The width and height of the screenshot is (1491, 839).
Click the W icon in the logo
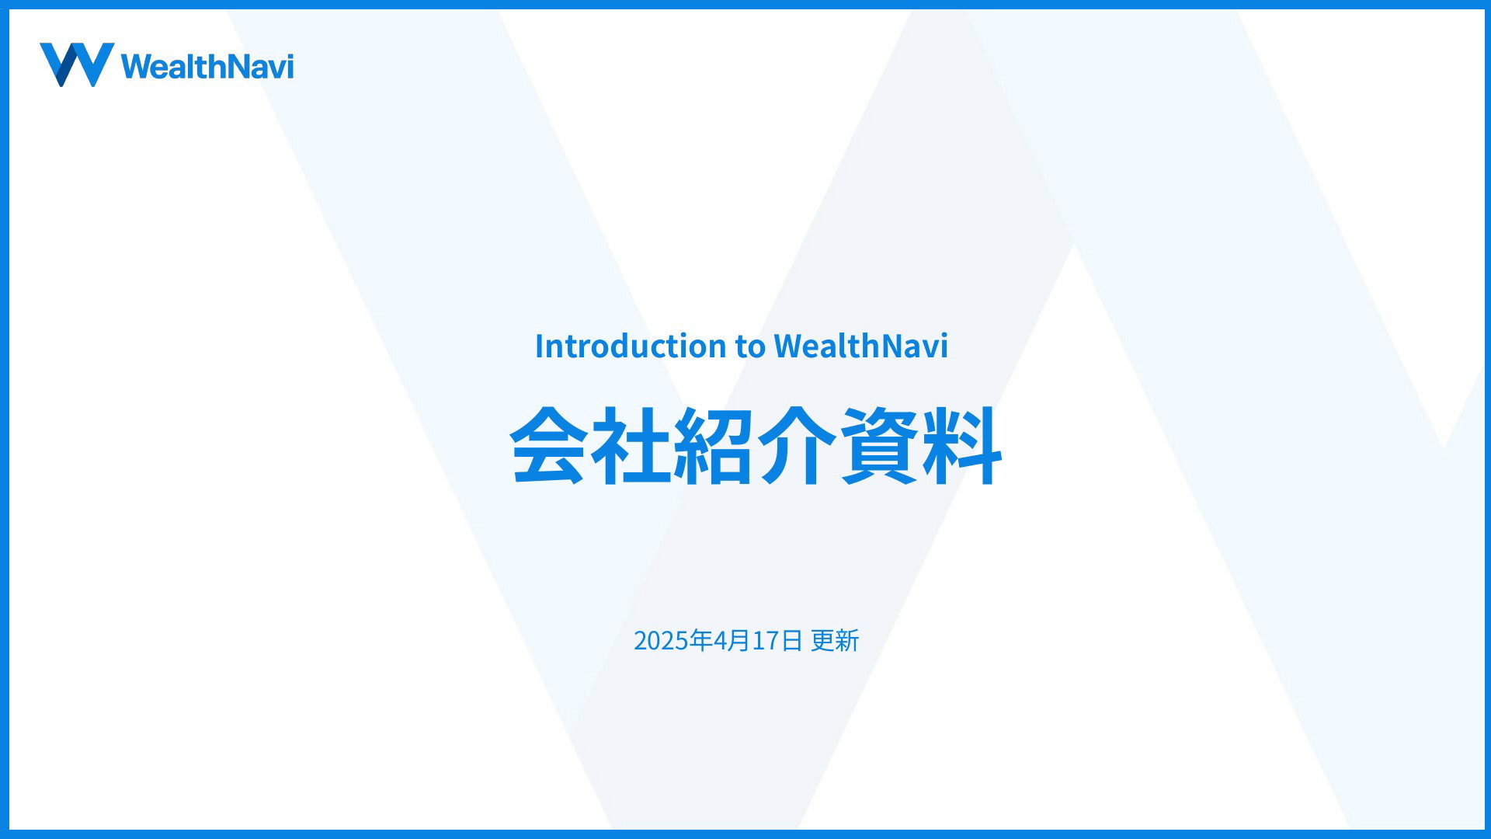pyautogui.click(x=77, y=64)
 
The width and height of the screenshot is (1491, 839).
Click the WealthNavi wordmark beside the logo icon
pyautogui.click(x=207, y=66)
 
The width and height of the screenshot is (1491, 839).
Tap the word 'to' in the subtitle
pyautogui.click(x=750, y=346)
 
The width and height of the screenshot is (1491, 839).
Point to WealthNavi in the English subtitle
pyautogui.click(x=860, y=346)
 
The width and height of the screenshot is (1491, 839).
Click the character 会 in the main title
pyautogui.click(x=547, y=446)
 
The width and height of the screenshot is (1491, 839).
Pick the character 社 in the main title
pyautogui.click(x=630, y=446)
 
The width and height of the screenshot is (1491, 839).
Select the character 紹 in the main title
pyautogui.click(x=713, y=446)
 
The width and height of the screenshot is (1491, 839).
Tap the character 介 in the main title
pyautogui.click(x=796, y=446)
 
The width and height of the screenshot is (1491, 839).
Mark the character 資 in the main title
pyautogui.click(x=879, y=446)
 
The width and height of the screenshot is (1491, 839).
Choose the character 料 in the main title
pyautogui.click(x=962, y=446)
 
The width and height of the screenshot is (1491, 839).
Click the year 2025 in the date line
pyautogui.click(x=662, y=641)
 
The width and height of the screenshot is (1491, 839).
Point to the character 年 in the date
pyautogui.click(x=701, y=640)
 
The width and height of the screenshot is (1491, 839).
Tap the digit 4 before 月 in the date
pyautogui.click(x=721, y=641)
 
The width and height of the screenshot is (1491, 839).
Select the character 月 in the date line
pyautogui.click(x=739, y=640)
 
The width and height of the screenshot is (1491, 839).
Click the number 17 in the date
pyautogui.click(x=766, y=641)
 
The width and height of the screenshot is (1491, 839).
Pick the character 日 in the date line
pyautogui.click(x=791, y=640)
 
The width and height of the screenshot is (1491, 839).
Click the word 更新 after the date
pyautogui.click(x=835, y=640)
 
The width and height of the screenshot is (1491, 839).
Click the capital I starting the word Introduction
pyautogui.click(x=540, y=346)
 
